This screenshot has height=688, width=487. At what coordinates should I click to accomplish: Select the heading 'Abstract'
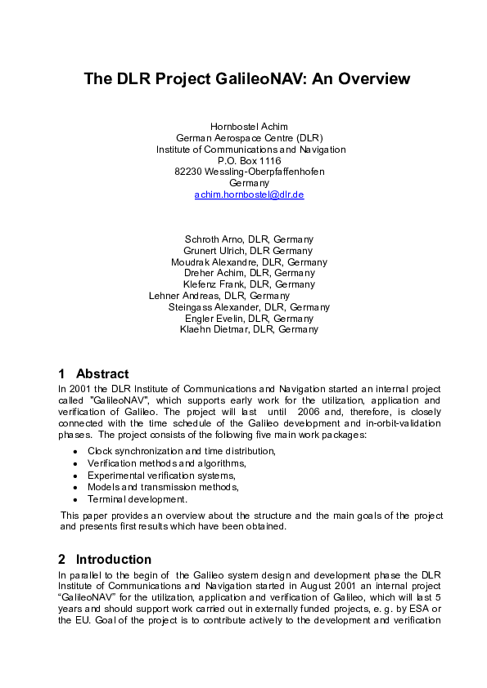102,373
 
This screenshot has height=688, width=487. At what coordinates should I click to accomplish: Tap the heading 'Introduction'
113,560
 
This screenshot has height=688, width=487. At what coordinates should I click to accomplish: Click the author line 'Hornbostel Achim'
249,127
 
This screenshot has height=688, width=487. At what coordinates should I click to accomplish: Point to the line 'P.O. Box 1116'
249,162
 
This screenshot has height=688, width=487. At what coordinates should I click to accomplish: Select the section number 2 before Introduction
62,560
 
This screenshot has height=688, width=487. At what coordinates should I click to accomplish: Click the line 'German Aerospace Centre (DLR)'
249,138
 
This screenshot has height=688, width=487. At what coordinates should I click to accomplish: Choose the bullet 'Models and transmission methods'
163,487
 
